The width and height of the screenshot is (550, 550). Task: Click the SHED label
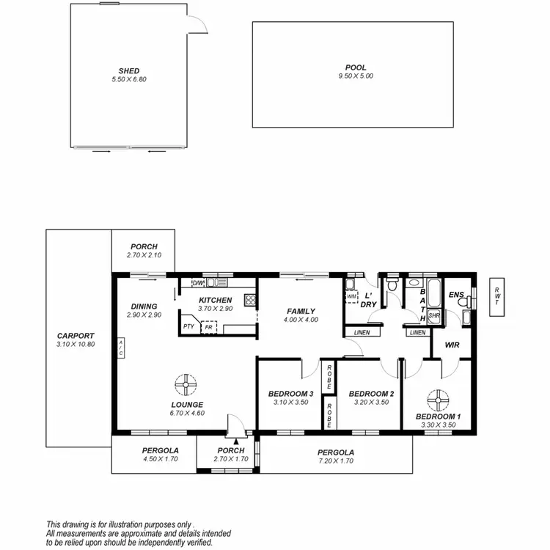[x=129, y=71]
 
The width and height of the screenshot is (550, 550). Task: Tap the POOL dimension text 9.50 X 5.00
[x=356, y=76]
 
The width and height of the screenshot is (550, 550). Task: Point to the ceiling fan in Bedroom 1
[x=438, y=398]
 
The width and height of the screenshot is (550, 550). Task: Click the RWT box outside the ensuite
[x=496, y=296]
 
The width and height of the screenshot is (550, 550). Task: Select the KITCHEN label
[x=216, y=300]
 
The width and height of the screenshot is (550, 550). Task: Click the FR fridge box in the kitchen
[x=210, y=327]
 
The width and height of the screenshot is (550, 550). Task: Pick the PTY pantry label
[x=188, y=327]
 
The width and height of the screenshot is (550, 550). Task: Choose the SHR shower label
[x=433, y=315]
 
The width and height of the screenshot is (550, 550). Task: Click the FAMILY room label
[x=301, y=311]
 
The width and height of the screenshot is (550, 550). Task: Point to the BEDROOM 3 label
[x=291, y=394]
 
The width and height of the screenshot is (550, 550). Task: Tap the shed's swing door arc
[x=198, y=24]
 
